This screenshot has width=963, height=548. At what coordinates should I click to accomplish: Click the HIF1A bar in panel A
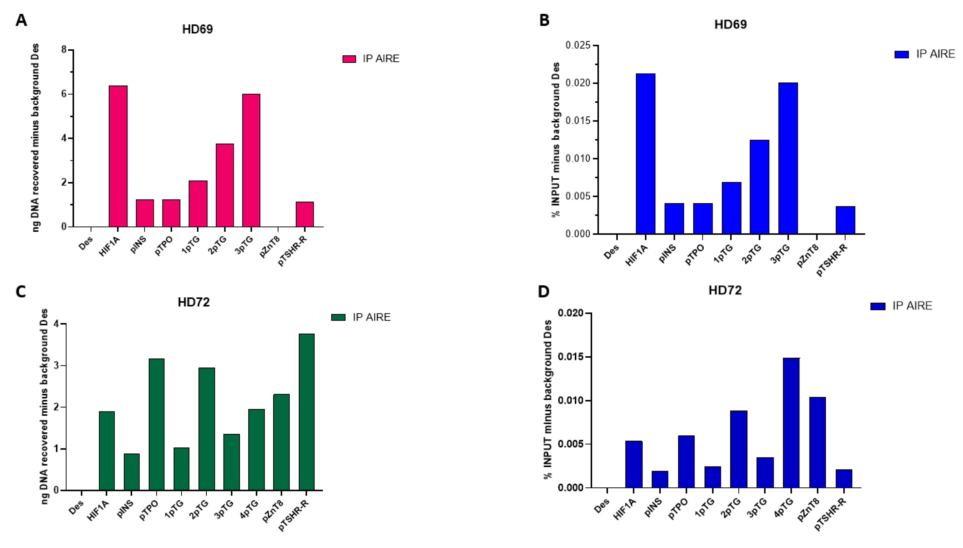pyautogui.click(x=118, y=156)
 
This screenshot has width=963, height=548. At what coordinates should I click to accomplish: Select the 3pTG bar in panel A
pyautogui.click(x=251, y=160)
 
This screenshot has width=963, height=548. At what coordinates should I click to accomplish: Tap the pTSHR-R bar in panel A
pyautogui.click(x=304, y=214)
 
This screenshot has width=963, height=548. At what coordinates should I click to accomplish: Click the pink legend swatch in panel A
pyautogui.click(x=349, y=59)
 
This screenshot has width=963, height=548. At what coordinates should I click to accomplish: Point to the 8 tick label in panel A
pyautogui.click(x=64, y=50)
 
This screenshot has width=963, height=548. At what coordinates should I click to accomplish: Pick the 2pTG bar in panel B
pyautogui.click(x=759, y=187)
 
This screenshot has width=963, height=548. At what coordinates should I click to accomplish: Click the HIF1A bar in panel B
pyautogui.click(x=645, y=154)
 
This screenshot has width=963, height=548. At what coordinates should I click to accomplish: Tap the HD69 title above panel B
pyautogui.click(x=730, y=25)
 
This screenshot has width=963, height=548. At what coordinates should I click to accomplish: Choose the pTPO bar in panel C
pyautogui.click(x=157, y=424)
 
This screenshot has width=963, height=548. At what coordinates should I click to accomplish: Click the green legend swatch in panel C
pyautogui.click(x=338, y=317)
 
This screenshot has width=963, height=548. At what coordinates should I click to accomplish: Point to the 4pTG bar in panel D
pyautogui.click(x=791, y=423)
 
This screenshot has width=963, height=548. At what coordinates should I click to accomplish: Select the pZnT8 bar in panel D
pyautogui.click(x=817, y=442)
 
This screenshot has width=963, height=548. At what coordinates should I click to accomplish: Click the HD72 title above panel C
pyautogui.click(x=193, y=302)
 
